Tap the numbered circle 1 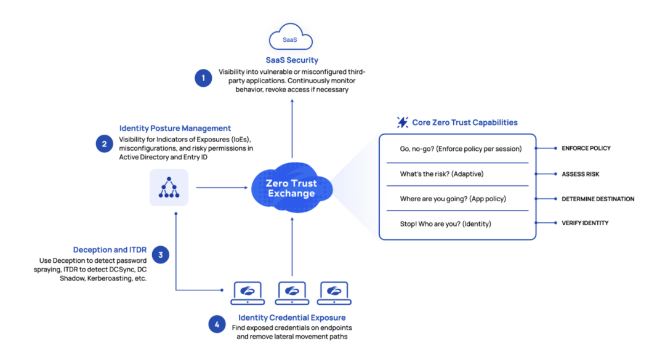coord(203,78)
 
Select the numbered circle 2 coord(104,144)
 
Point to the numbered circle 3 coord(161,255)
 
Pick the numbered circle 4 coord(216,324)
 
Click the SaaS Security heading coord(292,60)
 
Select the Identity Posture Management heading coord(175,129)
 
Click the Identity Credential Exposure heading coord(292,318)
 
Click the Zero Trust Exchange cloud coord(291,188)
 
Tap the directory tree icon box coord(169,188)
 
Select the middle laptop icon coord(292,292)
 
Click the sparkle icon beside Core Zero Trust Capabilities coord(403,122)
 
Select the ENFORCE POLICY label coord(586,149)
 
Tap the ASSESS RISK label coord(580,174)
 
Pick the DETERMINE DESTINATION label coord(597,199)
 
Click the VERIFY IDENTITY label coord(584,223)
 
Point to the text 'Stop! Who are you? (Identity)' coord(445,224)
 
